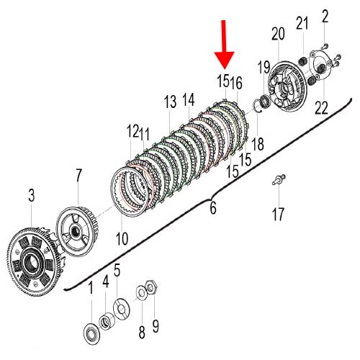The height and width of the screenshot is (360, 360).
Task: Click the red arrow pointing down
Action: tap(224, 45)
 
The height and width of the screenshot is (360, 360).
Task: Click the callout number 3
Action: tap(32, 195)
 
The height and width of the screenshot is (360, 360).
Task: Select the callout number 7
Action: tap(78, 176)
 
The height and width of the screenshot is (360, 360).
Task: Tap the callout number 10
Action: tap(122, 238)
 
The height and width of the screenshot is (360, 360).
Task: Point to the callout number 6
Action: tap(213, 207)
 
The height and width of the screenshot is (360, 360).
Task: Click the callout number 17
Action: tap(278, 214)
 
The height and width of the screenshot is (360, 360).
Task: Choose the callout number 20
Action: tap(278, 34)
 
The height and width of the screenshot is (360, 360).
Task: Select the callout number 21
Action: tap(302, 23)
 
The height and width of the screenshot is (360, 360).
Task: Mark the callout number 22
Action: tap(321, 108)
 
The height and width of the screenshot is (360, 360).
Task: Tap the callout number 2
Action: tap(325, 17)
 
